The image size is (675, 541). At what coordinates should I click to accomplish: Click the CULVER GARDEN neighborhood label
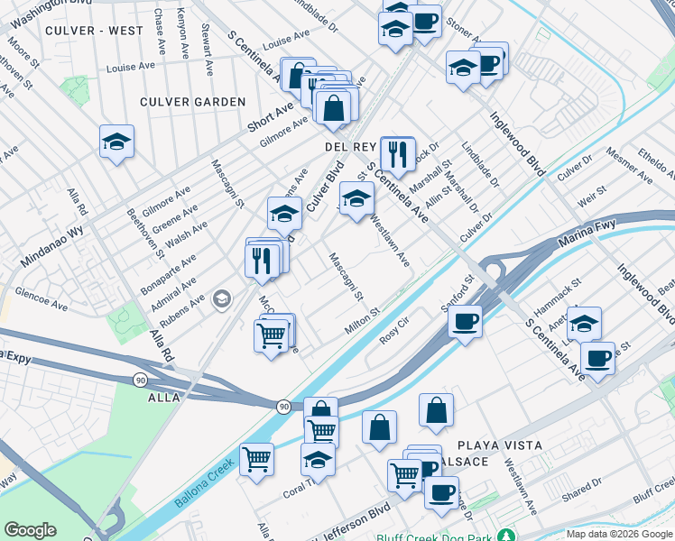click(192, 102)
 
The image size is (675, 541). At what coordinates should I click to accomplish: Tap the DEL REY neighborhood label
click(348, 146)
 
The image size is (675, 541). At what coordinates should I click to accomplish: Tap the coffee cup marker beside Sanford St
click(465, 320)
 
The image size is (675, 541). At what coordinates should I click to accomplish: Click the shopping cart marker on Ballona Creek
click(257, 458)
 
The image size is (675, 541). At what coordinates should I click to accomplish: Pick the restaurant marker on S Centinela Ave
click(397, 153)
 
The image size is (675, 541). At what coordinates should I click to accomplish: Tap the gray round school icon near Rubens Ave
click(222, 299)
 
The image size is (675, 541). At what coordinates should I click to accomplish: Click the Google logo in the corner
click(30, 530)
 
